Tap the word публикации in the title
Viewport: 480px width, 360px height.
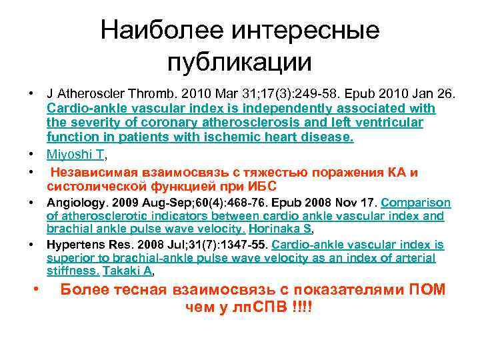(x=239, y=61)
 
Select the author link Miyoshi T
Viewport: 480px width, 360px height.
(x=75, y=155)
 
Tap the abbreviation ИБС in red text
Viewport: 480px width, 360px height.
(x=265, y=186)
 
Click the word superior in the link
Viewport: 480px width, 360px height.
(x=70, y=258)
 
